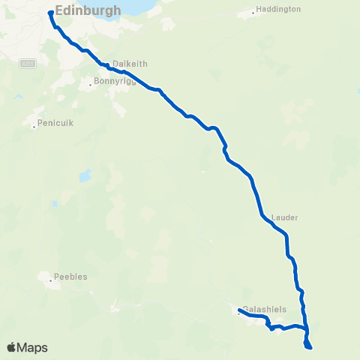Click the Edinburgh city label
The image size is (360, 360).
(x=88, y=10)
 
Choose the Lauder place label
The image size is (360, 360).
(x=286, y=217)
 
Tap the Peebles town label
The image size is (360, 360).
(x=70, y=277)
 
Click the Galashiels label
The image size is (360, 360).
(x=264, y=309)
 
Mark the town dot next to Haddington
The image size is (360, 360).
(x=252, y=13)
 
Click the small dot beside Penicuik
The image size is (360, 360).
(x=34, y=126)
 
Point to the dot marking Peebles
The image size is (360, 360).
(x=51, y=281)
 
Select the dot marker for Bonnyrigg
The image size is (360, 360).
(x=91, y=84)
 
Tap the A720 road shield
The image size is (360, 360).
(x=28, y=63)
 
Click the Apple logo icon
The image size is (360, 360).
(x=12, y=348)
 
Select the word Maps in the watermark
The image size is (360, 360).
(x=33, y=348)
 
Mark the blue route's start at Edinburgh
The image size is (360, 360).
(x=50, y=13)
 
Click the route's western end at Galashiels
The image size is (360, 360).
(x=239, y=310)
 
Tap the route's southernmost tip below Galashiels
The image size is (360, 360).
(x=308, y=347)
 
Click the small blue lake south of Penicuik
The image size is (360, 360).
(x=85, y=177)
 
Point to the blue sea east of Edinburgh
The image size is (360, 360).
(x=142, y=6)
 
